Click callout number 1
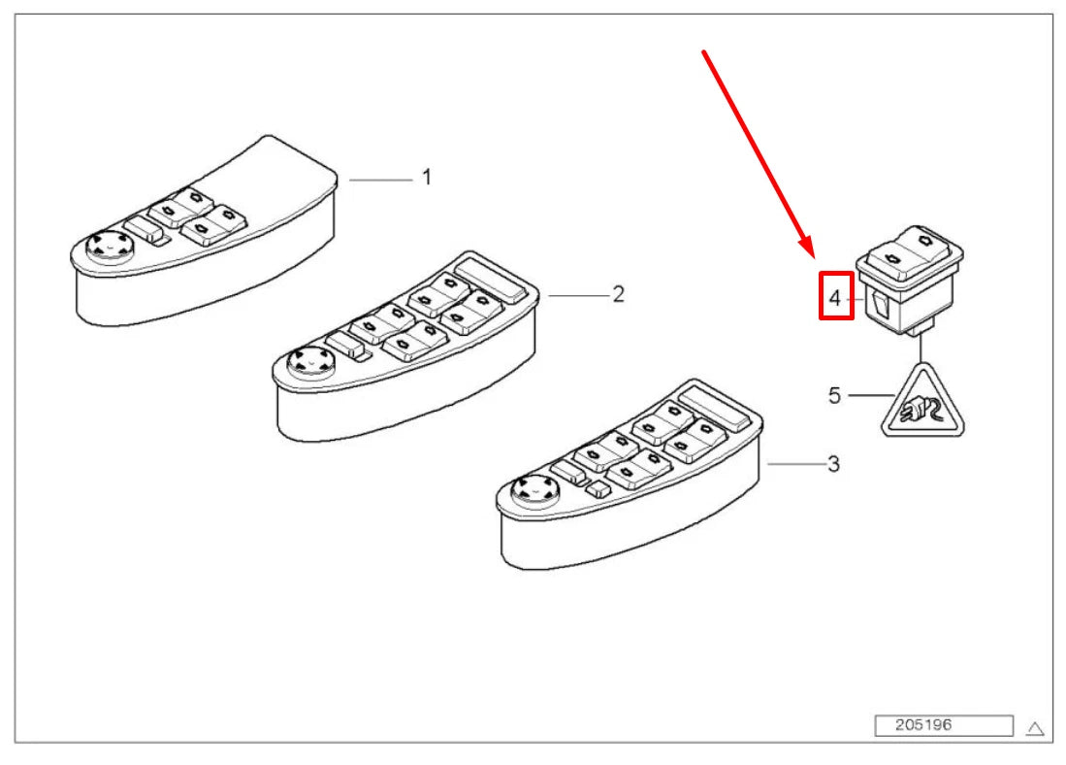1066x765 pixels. coord(426,178)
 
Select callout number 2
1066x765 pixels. coord(618,294)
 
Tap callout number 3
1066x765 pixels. coord(833,464)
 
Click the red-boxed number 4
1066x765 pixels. coord(835,298)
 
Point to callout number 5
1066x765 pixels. coord(834,395)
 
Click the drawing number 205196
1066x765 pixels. coord(923,725)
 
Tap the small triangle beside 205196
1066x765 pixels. coord(1035,728)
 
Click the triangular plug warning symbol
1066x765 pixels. coord(922,403)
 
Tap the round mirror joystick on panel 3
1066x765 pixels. coord(534,489)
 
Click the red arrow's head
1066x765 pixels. coord(807,247)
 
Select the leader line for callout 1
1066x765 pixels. coord(380,180)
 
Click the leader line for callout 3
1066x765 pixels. coord(796,464)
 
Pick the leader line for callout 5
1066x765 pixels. coord(871,395)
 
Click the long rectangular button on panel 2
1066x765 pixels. coord(491,279)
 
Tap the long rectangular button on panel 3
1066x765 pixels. coord(715,407)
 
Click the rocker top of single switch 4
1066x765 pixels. coord(909,253)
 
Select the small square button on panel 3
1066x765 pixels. coord(597,488)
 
